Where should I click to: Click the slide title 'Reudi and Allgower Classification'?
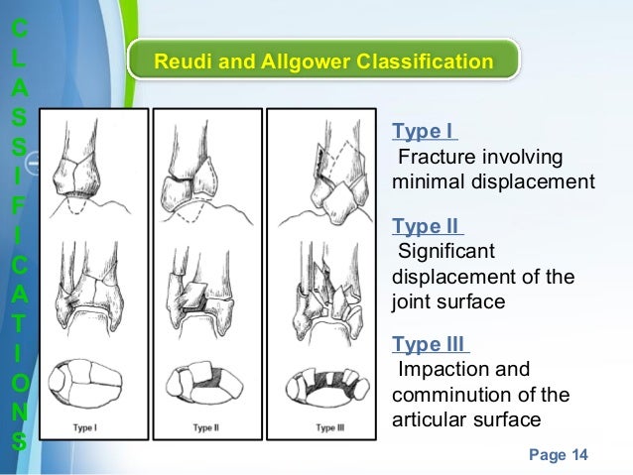point(323,62)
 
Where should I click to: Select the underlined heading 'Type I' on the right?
point(425,133)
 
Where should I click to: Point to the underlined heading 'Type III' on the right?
point(432,344)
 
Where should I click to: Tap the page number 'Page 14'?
point(559,455)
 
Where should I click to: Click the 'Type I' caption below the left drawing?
point(86,427)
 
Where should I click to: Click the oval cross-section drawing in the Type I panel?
point(86,383)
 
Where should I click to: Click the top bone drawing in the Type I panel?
point(85,169)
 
